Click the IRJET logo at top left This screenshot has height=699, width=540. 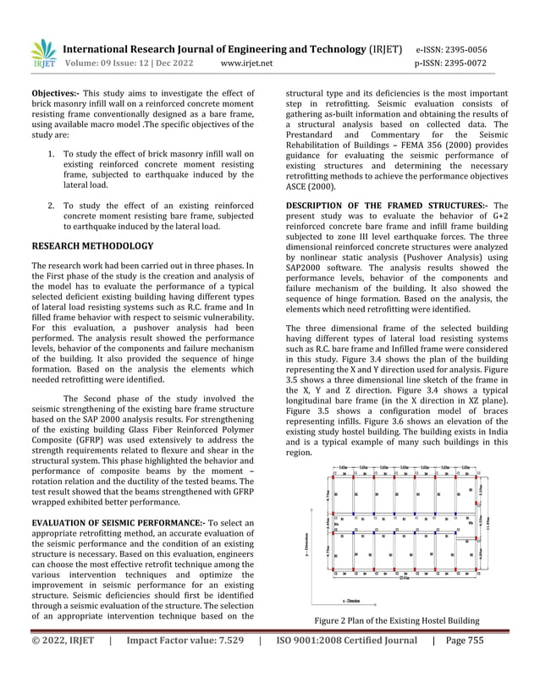[x=42, y=53]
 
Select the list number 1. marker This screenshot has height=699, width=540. [x=52, y=154]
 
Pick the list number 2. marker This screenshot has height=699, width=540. [x=52, y=205]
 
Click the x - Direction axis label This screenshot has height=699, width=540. [x=398, y=602]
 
